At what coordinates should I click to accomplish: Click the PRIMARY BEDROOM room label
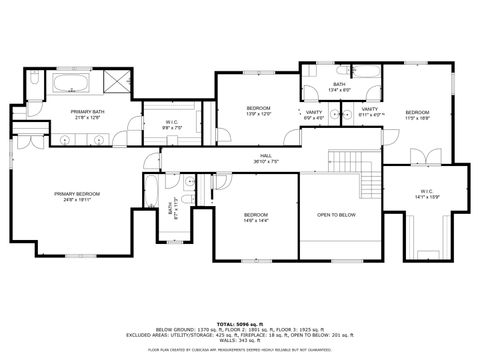77,196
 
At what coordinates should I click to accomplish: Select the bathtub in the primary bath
72,83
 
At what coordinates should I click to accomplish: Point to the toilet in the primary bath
34,93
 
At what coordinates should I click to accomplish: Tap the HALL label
266,158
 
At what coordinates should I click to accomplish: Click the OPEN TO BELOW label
336,215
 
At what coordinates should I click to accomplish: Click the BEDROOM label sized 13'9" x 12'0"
259,110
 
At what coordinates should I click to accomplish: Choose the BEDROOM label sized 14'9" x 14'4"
256,217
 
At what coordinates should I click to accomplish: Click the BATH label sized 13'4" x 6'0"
340,87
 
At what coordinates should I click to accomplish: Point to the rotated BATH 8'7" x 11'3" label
170,210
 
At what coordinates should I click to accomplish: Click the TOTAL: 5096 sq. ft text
239,321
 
